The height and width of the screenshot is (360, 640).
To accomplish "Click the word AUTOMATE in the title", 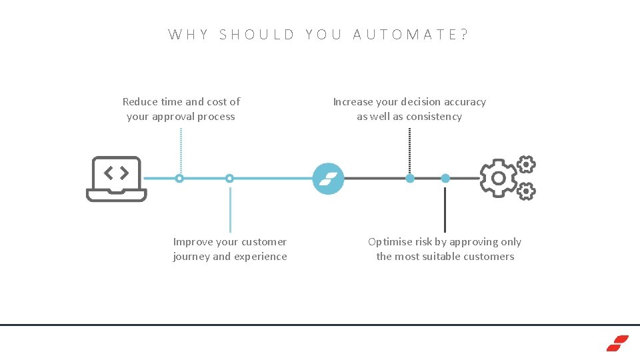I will (406, 35).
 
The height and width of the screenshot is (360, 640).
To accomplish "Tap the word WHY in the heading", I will (189, 35).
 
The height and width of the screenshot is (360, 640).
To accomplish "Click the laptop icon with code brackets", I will (116, 179).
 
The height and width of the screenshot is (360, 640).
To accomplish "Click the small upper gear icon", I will (526, 164).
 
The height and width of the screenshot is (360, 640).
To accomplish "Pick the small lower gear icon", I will (526, 192).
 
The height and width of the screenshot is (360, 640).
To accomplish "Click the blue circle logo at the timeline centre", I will (329, 179).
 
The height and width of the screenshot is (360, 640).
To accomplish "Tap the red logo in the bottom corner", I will (617, 343).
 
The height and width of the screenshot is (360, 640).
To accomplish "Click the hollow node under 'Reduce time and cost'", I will (179, 179).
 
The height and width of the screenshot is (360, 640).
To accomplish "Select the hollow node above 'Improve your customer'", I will (229, 179).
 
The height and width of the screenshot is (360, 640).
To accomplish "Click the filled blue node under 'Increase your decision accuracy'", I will (410, 178).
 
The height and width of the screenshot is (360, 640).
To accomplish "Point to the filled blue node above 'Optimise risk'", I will (445, 178).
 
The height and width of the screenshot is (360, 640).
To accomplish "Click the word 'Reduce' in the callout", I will (140, 102).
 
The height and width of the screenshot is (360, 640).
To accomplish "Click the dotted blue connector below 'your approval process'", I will (181, 150).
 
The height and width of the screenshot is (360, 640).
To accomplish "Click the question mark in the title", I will (464, 35).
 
